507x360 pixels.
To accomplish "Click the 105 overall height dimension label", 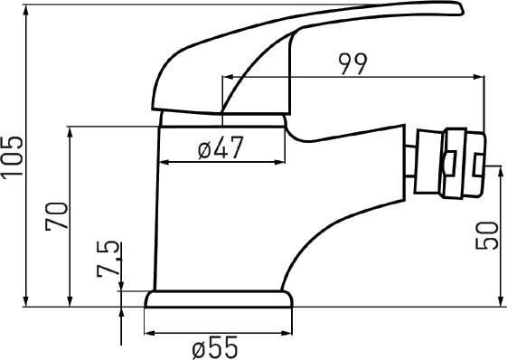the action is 13,157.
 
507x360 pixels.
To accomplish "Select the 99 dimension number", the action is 353,64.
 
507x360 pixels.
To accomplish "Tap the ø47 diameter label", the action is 221,147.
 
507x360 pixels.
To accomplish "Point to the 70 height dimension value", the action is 57,216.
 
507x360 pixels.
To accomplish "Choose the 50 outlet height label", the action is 486,235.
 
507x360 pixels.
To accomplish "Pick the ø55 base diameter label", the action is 215,347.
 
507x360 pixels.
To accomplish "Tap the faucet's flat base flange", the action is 219,299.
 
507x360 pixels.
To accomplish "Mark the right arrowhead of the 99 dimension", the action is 479,77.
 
